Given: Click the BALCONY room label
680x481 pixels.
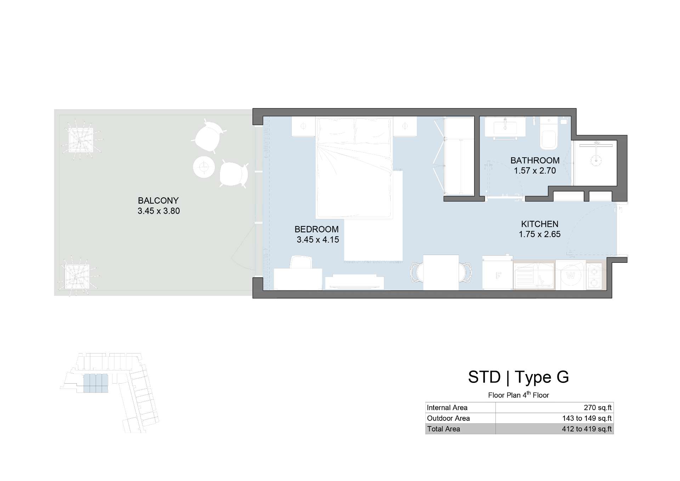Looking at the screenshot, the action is tap(158, 200).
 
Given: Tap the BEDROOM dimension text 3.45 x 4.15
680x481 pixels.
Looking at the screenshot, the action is tap(318, 240).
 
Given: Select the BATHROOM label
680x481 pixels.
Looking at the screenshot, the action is tap(535, 160).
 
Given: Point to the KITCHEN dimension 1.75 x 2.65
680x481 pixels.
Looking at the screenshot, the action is tap(540, 234).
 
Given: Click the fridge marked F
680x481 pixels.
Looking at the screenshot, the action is tap(498, 272).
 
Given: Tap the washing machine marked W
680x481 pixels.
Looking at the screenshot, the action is tap(571, 275).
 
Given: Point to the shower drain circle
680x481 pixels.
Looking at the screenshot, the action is tap(596, 160).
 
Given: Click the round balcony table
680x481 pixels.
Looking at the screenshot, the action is tap(204, 167).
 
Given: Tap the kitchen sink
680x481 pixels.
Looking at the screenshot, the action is tap(534, 276).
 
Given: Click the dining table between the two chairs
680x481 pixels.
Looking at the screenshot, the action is tap(441, 272).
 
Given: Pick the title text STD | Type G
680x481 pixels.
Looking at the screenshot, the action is tap(518, 377).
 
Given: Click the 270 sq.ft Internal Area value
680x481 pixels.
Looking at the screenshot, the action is tap(598, 408).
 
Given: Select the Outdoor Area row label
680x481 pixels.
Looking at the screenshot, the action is tap(448, 418).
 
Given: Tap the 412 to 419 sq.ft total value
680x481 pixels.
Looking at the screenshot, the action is tap(587, 429).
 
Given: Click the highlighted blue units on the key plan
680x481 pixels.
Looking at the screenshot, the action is tap(96, 383).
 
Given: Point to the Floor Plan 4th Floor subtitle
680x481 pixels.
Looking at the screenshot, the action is tap(518, 395).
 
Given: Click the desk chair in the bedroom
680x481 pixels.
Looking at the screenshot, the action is tap(301, 262).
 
